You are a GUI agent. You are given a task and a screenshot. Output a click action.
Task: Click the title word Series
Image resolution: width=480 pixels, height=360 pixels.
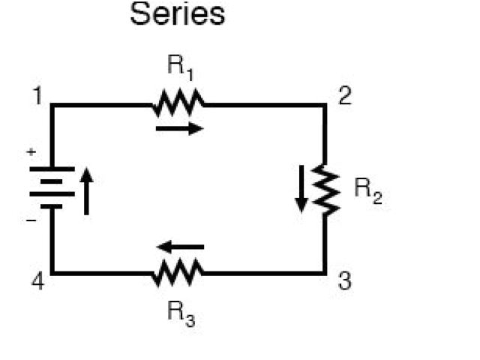[x=178, y=14]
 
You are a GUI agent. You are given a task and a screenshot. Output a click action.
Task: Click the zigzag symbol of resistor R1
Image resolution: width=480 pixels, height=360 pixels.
[x=178, y=103]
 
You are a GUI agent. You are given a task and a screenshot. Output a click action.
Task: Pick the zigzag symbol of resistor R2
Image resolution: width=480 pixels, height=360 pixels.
[x=325, y=189]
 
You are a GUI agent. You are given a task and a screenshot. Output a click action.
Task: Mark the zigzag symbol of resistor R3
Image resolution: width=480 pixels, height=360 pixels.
[x=178, y=272]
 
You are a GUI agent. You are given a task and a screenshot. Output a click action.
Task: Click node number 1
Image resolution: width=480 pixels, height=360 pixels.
[x=35, y=97]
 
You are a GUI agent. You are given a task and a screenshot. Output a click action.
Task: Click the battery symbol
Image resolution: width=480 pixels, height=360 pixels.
[x=52, y=187]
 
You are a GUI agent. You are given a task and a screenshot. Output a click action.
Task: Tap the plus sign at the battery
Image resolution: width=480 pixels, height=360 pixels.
[x=31, y=152]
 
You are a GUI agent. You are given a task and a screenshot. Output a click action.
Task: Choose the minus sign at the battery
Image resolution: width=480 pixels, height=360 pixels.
[x=31, y=222]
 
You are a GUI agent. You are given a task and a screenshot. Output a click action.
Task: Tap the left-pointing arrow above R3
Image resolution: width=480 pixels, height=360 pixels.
[x=179, y=247]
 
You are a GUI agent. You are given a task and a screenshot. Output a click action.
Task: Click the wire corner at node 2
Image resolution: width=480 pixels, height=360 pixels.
[x=325, y=105]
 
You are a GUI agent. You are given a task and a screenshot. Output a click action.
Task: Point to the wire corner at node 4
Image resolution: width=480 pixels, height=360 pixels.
[x=52, y=273]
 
